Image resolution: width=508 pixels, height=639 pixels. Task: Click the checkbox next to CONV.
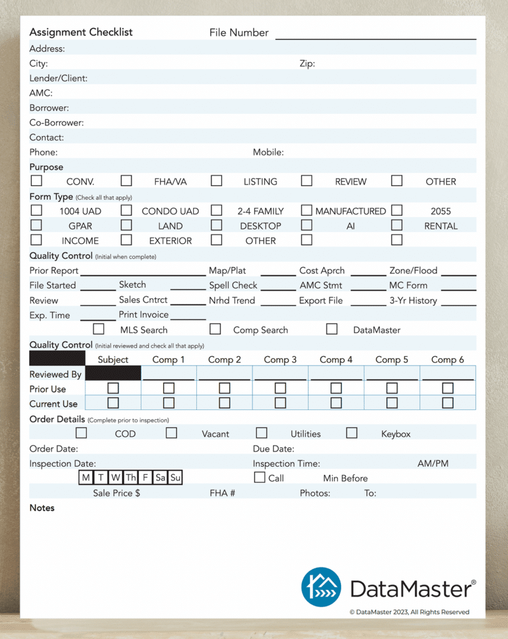pyautogui.click(x=37, y=181)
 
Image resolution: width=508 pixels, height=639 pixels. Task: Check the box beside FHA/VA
pyautogui.click(x=127, y=181)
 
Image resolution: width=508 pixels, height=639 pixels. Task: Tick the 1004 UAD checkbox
pyautogui.click(x=37, y=210)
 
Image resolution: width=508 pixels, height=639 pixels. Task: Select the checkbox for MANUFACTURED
pyautogui.click(x=307, y=210)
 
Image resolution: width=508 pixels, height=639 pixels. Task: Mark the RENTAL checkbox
pyautogui.click(x=396, y=225)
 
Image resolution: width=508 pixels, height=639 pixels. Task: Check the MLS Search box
pyautogui.click(x=98, y=329)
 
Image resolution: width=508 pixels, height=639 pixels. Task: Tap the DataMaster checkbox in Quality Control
pyautogui.click(x=332, y=329)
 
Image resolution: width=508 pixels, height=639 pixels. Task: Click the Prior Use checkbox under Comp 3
pyautogui.click(x=280, y=388)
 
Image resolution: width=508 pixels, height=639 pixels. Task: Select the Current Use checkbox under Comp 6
pyautogui.click(x=448, y=403)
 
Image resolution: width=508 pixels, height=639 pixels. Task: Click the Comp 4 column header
pyautogui.click(x=336, y=359)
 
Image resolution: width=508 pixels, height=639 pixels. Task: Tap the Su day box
pyautogui.click(x=176, y=478)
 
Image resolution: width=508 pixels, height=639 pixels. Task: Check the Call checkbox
pyautogui.click(x=260, y=477)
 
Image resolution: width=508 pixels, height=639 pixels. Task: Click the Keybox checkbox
pyautogui.click(x=352, y=433)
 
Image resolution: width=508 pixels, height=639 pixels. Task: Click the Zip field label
pyautogui.click(x=307, y=64)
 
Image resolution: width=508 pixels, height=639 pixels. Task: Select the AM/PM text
pyautogui.click(x=433, y=464)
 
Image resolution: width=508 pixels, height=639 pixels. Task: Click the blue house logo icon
pyautogui.click(x=321, y=587)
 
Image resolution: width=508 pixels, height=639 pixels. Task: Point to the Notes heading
pyautogui.click(x=42, y=508)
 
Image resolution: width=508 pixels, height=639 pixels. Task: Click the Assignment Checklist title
pyautogui.click(x=81, y=32)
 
